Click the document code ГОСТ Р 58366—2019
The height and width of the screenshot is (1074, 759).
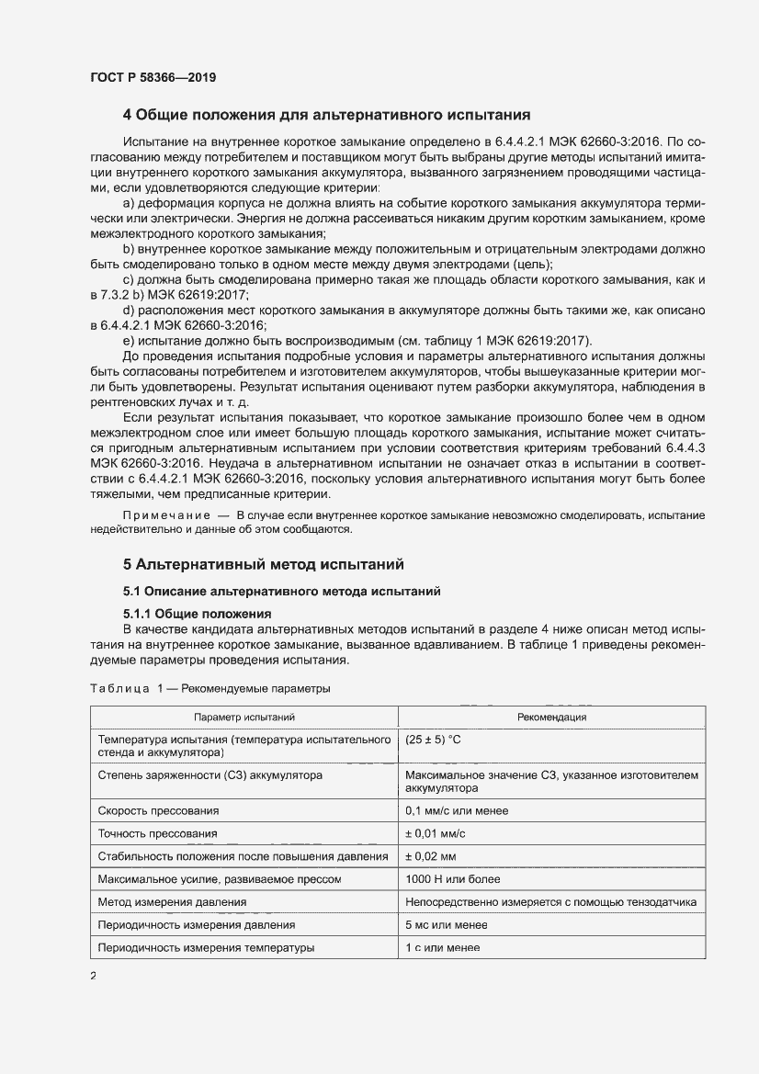click(153, 78)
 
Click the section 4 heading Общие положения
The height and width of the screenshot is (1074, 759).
click(326, 116)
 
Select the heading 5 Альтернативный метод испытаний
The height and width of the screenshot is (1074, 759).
click(264, 564)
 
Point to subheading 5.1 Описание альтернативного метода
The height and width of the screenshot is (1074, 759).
click(281, 592)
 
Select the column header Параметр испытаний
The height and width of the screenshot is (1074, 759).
click(244, 717)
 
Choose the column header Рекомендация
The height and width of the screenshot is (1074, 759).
click(551, 717)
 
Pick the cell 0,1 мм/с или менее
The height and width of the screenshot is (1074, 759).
click(457, 810)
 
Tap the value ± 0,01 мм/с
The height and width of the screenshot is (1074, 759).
click(436, 833)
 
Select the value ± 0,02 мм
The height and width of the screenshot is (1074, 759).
click(431, 856)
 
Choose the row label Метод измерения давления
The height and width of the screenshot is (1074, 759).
click(172, 902)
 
